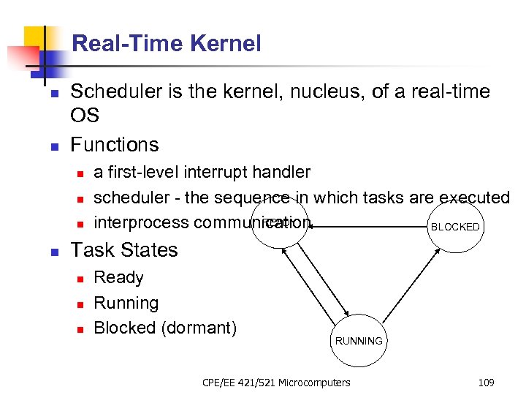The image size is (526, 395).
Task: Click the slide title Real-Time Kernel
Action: pos(167,44)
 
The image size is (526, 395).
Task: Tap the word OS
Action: pos(85,116)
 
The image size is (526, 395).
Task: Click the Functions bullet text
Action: pos(114,144)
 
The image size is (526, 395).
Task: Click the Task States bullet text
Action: pos(123,250)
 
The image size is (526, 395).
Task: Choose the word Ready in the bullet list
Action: pos(118,278)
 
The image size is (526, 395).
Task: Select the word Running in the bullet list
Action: pos(126,303)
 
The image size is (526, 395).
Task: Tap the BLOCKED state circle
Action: pos(455,227)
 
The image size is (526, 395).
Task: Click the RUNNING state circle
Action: pos(358,341)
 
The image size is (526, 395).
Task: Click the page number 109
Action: pos(486,382)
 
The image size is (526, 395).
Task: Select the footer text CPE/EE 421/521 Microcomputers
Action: pos(275,382)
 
